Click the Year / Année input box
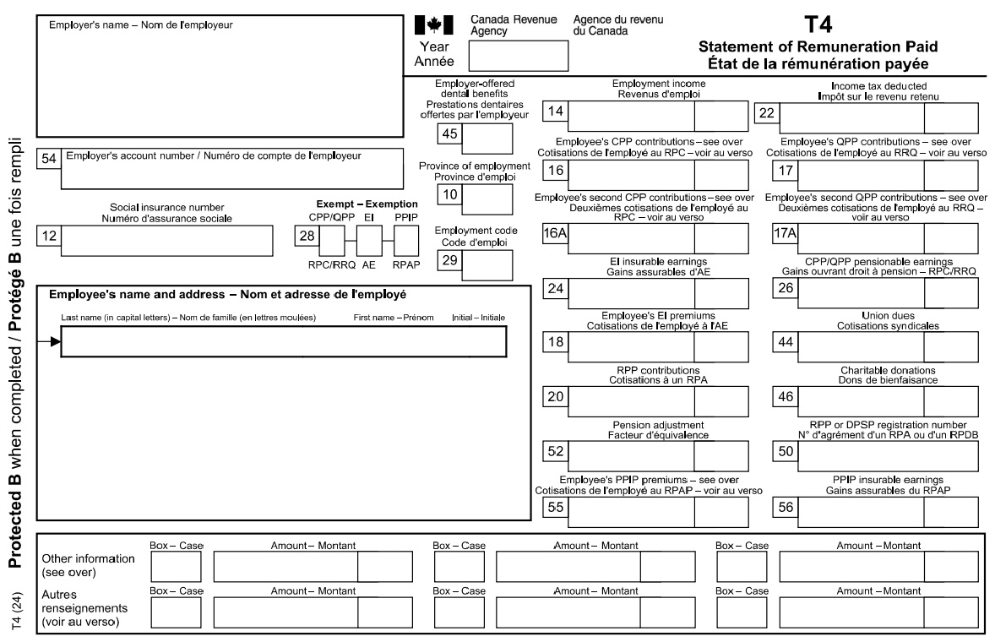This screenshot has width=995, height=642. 518,56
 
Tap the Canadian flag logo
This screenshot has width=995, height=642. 434,24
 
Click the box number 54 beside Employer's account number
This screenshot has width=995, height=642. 48,157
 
